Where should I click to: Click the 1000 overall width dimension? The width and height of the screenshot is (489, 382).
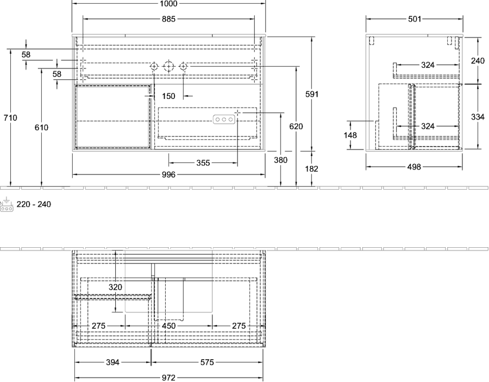[x=168, y=3]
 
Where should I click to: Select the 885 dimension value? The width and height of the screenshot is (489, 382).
[x=168, y=19]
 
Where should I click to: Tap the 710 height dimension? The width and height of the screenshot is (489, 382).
[x=10, y=118]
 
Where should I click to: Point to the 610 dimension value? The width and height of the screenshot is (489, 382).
[x=41, y=128]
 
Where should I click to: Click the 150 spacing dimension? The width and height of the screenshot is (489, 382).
[x=168, y=96]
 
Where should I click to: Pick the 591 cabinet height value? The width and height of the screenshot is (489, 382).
[x=311, y=94]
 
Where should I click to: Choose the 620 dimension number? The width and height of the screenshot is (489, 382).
[x=296, y=126]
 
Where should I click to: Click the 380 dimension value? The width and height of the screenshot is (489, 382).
[x=281, y=160]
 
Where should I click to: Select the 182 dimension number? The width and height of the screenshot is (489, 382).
[x=311, y=168]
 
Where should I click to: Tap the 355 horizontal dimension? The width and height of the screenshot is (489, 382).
[x=203, y=163]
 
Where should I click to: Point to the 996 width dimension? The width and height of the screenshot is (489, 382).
[x=168, y=174]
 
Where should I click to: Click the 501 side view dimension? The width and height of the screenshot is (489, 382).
[x=415, y=19]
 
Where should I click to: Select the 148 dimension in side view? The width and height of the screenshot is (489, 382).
[x=350, y=135]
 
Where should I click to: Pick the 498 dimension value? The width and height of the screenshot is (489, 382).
[x=414, y=167]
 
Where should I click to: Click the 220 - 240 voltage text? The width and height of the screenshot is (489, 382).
[x=34, y=204]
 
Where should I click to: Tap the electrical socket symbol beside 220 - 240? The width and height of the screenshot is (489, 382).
[x=7, y=204]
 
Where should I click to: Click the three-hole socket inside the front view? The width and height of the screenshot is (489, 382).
[x=224, y=120]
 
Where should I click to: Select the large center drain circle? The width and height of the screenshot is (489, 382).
[x=168, y=66]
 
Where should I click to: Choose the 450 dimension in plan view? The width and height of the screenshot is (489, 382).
[x=169, y=326]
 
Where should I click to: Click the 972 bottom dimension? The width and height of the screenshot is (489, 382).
[x=168, y=378]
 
